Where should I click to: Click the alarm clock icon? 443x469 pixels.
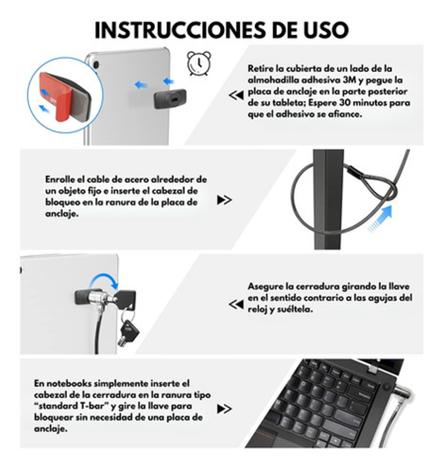199,63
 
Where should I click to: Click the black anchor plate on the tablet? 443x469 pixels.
170,98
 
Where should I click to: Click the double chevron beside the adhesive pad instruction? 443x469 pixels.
236,95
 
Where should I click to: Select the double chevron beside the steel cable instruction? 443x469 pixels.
225,200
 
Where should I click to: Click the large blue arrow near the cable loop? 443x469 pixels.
380,219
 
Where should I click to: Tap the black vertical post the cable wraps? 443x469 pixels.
327,199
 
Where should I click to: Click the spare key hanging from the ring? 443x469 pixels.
129,332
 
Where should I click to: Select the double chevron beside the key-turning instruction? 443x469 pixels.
236,304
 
